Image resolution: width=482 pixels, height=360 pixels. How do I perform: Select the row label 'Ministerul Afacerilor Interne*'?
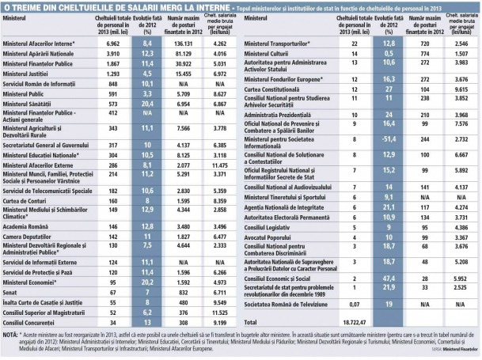click(40, 42)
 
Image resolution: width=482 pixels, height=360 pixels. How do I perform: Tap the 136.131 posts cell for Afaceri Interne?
click(181, 42)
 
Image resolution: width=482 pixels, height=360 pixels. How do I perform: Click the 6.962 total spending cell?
click(112, 42)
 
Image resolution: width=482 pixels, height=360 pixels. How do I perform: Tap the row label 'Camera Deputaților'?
click(32, 236)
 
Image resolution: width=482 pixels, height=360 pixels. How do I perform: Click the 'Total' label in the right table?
click(252, 323)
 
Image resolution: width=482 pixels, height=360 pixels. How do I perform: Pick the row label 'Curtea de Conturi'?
click(28, 201)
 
